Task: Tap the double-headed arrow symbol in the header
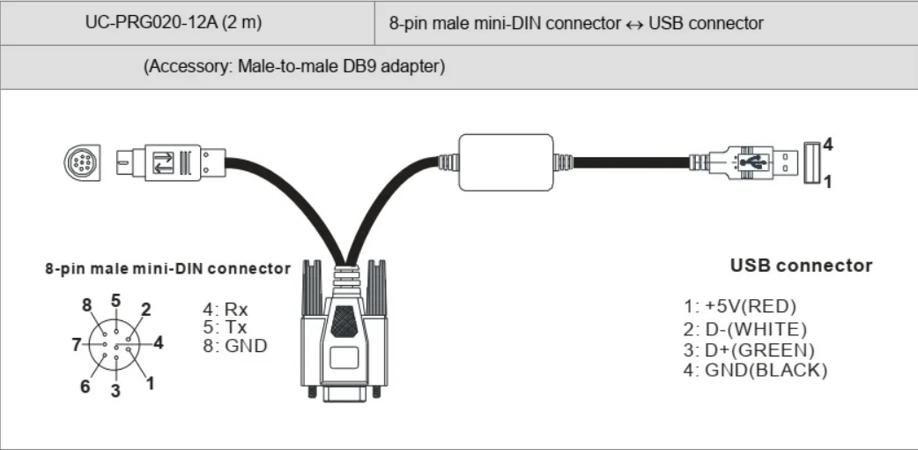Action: (x=634, y=24)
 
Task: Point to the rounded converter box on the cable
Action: (x=507, y=162)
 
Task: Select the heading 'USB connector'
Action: (x=801, y=265)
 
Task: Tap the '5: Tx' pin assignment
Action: (x=225, y=326)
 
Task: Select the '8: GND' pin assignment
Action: (x=234, y=345)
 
